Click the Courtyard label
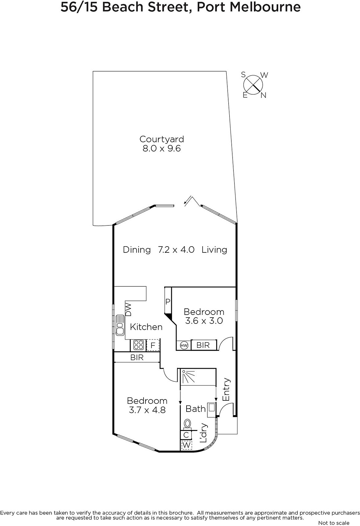[162, 139]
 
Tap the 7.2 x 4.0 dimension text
[176, 250]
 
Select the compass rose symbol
[253, 85]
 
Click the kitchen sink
[120, 325]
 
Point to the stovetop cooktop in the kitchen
[139, 345]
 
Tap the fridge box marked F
[153, 345]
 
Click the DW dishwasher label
[129, 309]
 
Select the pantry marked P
[168, 301]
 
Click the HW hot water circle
[184, 346]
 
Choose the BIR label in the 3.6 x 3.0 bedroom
[203, 345]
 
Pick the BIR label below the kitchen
[137, 358]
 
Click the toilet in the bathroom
[187, 424]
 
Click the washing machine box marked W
[187, 445]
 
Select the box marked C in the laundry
[186, 435]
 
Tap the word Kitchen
[146, 327]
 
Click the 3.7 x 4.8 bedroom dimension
[147, 410]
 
